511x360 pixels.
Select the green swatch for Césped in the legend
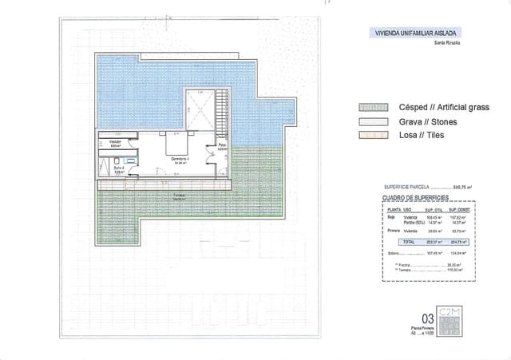coord(373,107)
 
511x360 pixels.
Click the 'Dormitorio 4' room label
coord(177,159)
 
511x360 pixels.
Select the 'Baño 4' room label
coord(117,168)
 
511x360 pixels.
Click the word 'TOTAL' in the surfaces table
coord(410,240)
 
